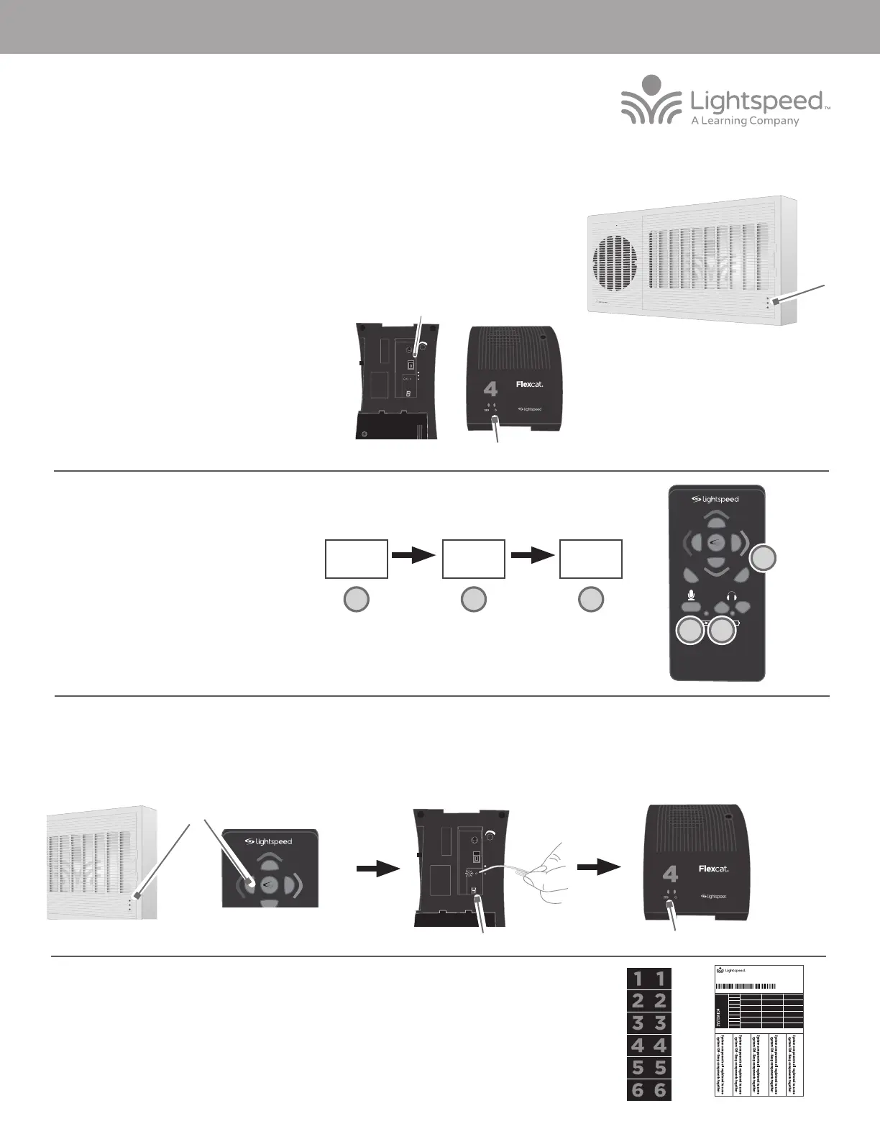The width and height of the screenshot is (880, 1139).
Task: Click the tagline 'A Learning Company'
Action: click(745, 122)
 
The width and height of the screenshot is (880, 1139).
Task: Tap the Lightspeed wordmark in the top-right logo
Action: click(755, 101)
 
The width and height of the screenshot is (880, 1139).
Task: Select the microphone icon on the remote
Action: click(689, 595)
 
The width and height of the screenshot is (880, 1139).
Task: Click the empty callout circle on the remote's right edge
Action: click(764, 559)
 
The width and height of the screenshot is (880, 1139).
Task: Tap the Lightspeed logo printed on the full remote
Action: click(715, 499)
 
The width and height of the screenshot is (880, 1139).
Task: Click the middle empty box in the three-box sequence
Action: click(474, 559)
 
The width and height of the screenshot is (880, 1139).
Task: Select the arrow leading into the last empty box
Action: click(533, 555)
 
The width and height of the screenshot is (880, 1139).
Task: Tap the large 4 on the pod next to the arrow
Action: click(669, 874)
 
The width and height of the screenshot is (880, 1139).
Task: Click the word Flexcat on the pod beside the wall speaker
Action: click(530, 384)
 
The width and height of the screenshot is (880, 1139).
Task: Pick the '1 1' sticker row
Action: click(649, 978)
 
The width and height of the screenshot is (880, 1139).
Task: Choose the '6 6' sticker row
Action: click(649, 1091)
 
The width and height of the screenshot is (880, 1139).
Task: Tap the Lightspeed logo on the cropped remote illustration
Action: click(268, 841)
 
